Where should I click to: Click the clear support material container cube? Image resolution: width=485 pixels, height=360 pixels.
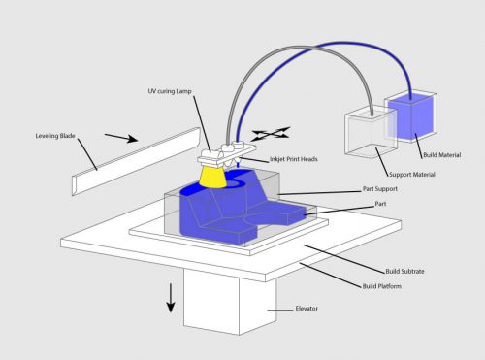pos(369,134)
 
